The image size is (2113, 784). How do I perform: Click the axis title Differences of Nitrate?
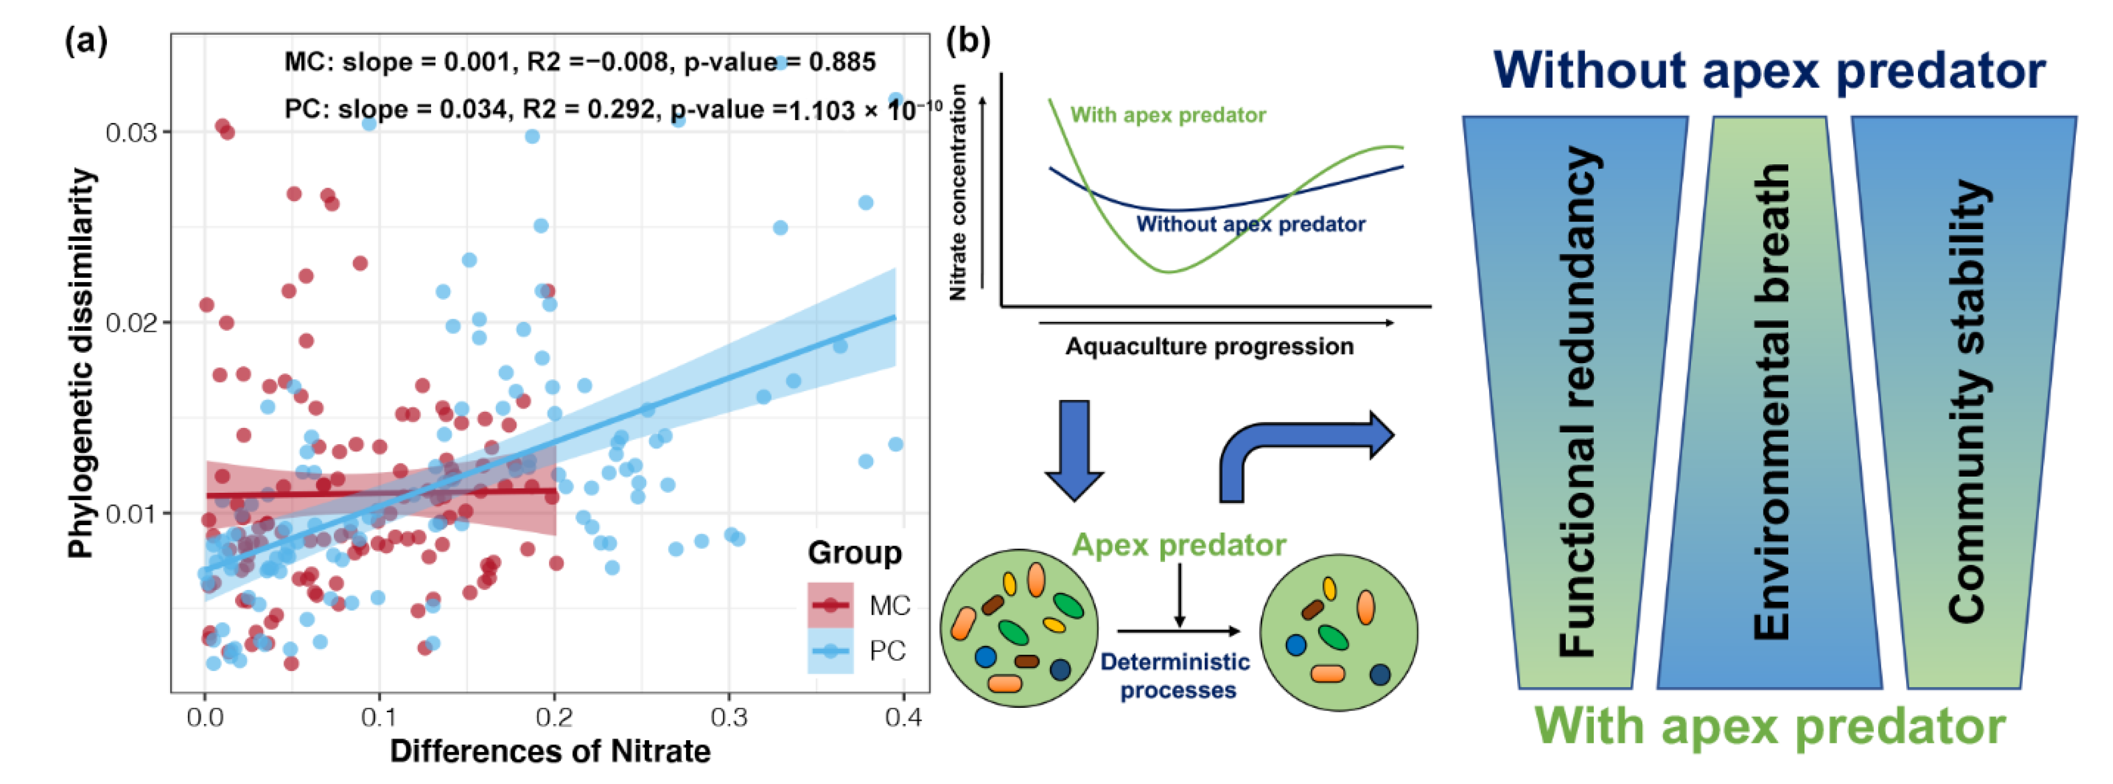tap(549, 751)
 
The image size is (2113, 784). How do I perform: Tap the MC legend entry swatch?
tap(830, 605)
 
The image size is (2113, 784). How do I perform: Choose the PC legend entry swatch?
tap(830, 651)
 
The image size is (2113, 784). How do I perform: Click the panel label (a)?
tap(85, 39)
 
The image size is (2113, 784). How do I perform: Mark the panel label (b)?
tap(968, 39)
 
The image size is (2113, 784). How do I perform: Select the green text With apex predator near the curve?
tap(1167, 115)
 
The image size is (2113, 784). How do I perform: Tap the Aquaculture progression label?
tap(1209, 347)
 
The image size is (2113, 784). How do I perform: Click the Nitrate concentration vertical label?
tap(957, 193)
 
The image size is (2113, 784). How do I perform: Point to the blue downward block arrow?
tap(1074, 450)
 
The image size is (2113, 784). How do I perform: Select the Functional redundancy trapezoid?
tap(1575, 402)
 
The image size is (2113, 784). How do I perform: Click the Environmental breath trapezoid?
tap(1770, 402)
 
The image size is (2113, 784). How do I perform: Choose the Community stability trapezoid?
tap(1964, 402)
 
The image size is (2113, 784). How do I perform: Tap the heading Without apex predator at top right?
tap(1768, 71)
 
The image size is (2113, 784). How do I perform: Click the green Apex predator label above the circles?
tap(1179, 545)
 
